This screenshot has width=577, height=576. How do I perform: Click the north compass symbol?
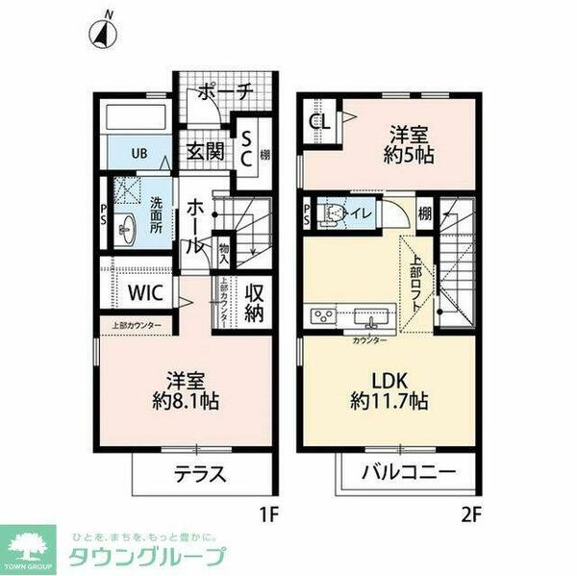(104, 32)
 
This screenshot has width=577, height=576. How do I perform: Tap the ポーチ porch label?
(225, 93)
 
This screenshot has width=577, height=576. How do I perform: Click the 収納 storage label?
(254, 302)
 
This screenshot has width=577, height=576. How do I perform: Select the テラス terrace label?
(201, 473)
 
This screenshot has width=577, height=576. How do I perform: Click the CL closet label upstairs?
(318, 123)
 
